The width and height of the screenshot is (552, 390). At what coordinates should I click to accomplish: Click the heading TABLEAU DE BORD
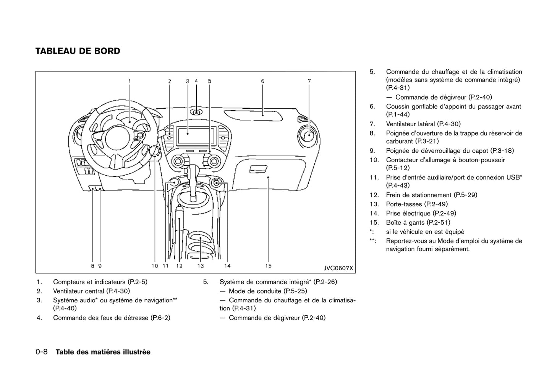(78, 51)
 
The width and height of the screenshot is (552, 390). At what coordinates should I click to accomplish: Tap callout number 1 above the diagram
(130, 81)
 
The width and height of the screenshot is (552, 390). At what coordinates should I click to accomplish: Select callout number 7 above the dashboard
(309, 81)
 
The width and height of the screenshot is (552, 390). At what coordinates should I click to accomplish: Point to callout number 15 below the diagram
(268, 266)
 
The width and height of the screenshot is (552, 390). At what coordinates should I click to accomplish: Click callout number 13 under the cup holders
(201, 266)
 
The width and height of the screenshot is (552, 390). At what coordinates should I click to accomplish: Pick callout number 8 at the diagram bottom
(92, 266)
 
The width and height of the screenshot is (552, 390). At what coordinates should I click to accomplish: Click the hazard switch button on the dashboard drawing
(196, 112)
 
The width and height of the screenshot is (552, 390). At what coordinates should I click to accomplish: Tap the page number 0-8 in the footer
(41, 352)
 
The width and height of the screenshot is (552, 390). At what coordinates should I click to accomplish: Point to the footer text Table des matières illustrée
(103, 352)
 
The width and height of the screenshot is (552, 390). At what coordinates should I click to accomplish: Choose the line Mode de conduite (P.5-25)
(268, 291)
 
